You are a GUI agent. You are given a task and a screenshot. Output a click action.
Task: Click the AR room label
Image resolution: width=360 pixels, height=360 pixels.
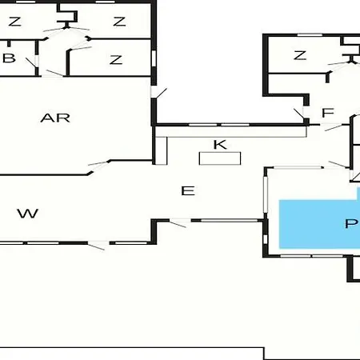55,118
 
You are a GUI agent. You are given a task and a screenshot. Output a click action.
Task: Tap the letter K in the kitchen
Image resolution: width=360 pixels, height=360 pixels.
220,145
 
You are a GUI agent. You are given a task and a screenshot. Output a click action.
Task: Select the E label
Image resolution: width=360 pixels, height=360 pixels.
188,191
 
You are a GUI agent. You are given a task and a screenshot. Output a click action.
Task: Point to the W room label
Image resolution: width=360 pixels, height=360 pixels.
28,214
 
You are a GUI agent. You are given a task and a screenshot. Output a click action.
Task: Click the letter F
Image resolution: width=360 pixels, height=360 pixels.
328,113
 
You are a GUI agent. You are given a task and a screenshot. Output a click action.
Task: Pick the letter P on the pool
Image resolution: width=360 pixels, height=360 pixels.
351,223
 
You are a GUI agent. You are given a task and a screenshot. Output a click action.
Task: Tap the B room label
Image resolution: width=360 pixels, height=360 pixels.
9,58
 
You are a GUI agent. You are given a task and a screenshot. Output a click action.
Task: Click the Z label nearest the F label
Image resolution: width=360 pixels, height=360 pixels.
300,55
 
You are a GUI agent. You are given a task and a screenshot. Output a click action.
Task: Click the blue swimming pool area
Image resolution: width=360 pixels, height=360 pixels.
319,223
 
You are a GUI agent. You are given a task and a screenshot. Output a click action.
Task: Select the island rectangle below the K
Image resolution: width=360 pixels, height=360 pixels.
220,158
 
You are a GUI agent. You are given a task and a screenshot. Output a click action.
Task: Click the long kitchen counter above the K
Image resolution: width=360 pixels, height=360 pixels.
231,132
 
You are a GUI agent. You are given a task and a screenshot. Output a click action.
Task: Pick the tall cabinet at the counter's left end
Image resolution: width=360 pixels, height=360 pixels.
162,151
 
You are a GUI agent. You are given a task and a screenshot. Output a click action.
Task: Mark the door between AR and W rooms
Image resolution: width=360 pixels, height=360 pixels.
98,167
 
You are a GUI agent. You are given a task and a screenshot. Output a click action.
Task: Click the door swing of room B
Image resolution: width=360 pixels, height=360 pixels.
31,62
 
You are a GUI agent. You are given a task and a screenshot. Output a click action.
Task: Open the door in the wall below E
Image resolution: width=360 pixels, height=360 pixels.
178,223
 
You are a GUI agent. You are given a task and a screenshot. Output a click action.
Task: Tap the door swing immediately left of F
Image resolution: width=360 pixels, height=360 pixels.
299,114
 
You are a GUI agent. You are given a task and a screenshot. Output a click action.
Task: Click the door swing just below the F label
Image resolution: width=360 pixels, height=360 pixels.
334,127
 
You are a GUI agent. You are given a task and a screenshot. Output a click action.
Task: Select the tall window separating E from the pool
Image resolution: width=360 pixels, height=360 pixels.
266,194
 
